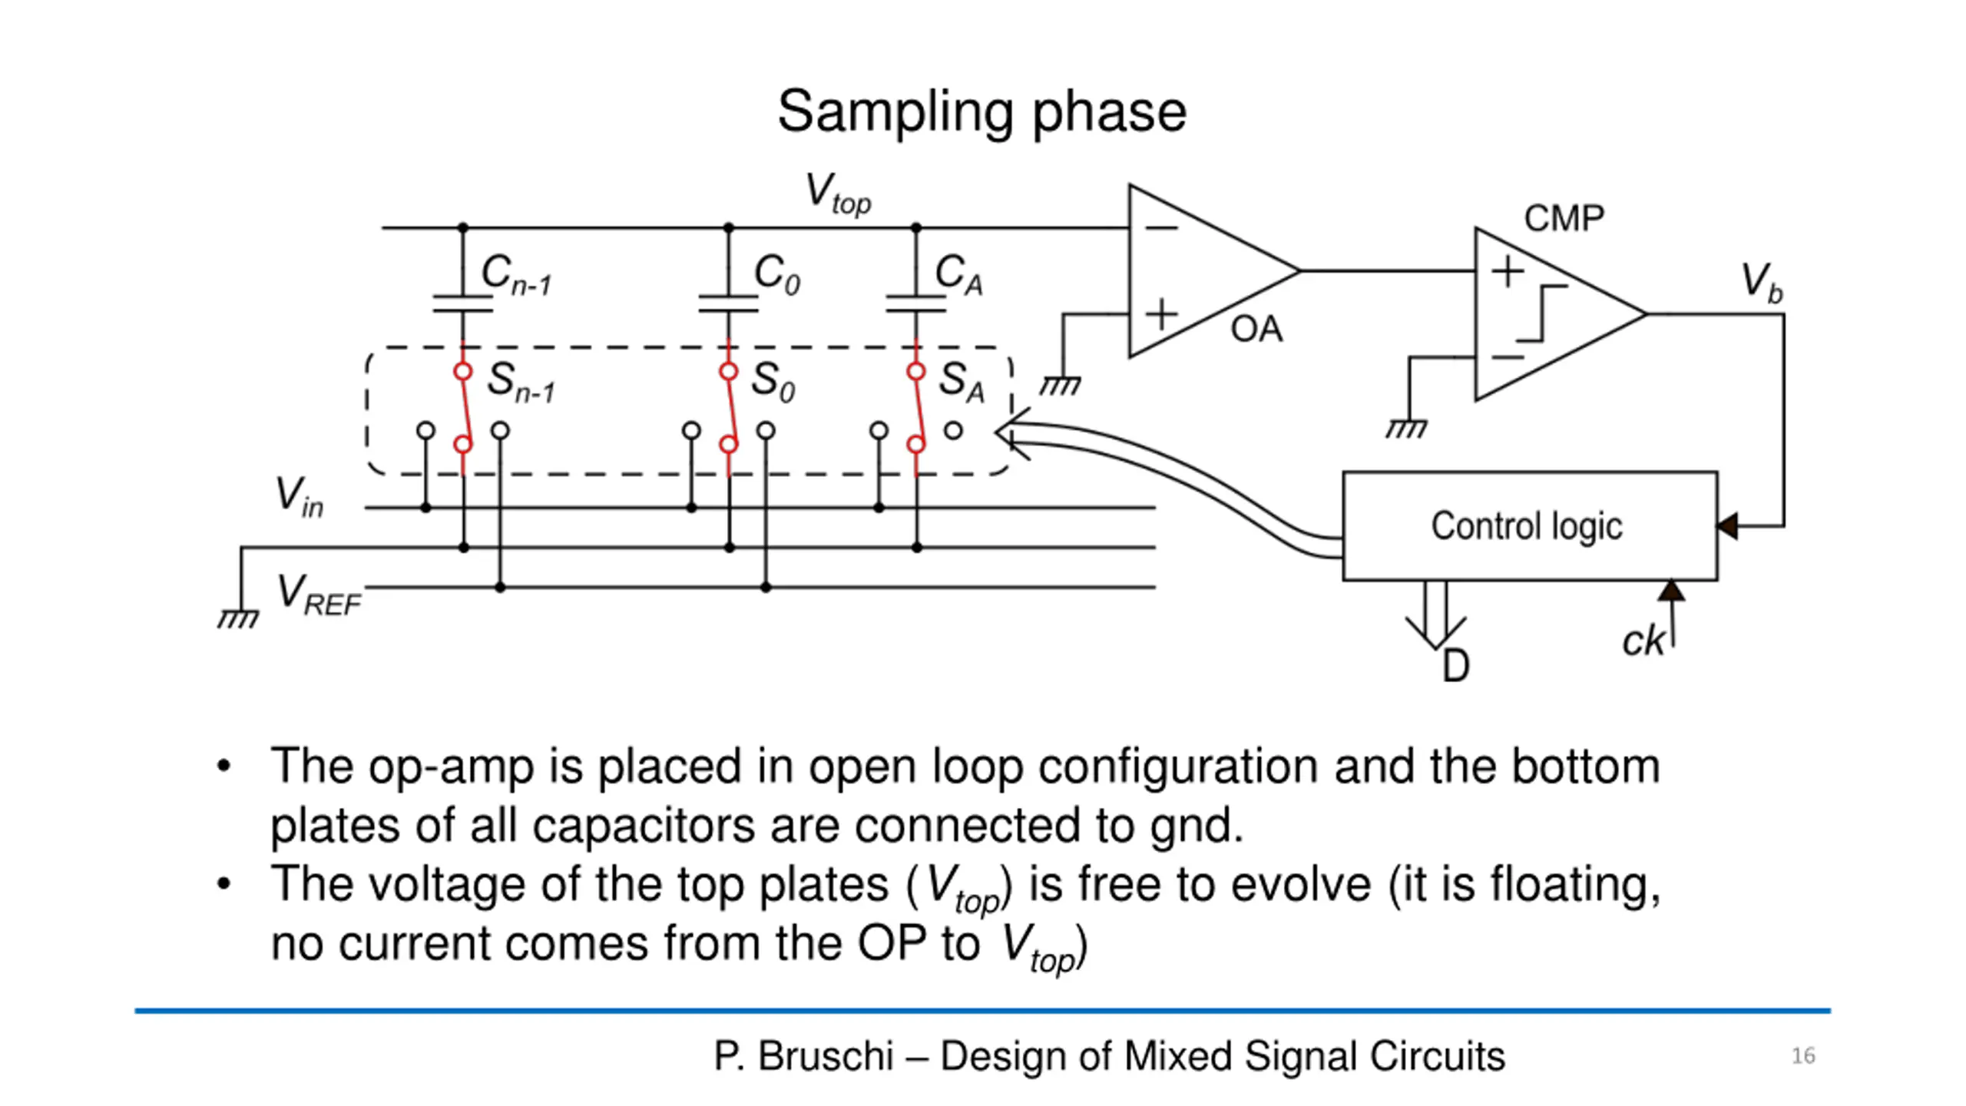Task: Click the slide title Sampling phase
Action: coord(981,112)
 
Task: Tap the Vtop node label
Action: coord(838,194)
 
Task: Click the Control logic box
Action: coord(1530,526)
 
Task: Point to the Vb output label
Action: coord(1761,283)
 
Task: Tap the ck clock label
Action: coord(1643,640)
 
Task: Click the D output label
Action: coord(1455,666)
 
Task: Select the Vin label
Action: coord(300,496)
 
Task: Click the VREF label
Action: coord(319,595)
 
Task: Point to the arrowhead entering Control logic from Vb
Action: coord(1728,526)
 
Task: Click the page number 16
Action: coord(1803,1055)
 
